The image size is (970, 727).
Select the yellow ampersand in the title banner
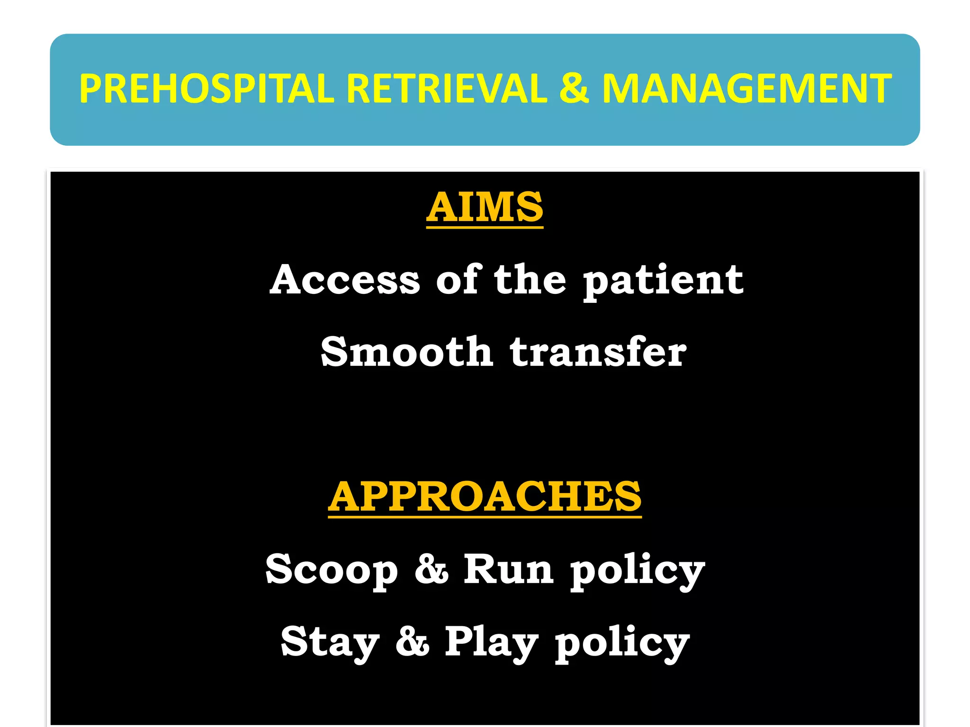(x=574, y=89)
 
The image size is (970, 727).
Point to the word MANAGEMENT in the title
(x=747, y=89)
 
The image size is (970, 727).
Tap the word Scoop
(x=332, y=570)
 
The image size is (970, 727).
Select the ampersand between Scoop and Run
(x=431, y=569)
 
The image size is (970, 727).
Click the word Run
(x=508, y=569)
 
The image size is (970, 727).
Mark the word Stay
(x=330, y=643)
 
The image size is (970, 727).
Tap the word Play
(x=492, y=643)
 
